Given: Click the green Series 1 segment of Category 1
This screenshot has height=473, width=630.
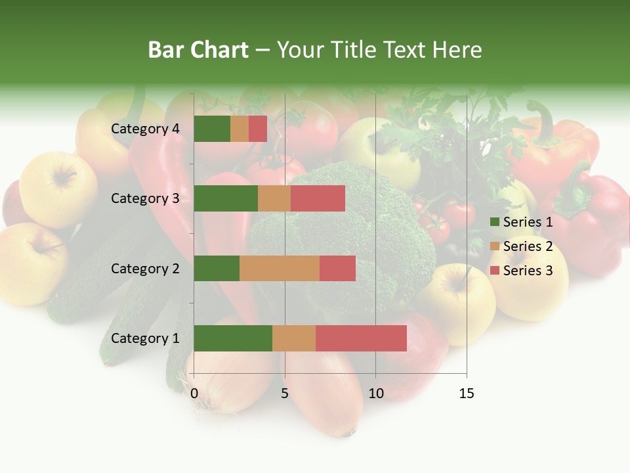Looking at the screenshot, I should [233, 338].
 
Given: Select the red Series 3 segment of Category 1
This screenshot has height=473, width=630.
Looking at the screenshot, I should [361, 338].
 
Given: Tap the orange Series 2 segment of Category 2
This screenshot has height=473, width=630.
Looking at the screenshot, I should [280, 268].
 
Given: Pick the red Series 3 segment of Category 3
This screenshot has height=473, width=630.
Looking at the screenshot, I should [318, 198].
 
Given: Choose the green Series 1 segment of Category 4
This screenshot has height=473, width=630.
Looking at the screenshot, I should [212, 129].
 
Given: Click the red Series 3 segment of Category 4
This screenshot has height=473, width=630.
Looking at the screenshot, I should [258, 129].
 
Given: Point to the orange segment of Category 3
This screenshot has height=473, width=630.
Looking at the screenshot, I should [274, 198].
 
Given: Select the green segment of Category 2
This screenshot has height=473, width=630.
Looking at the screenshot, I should [217, 268].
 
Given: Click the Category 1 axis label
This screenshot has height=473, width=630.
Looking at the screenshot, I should [145, 338].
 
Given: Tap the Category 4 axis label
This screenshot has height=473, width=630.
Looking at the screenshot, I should [145, 129].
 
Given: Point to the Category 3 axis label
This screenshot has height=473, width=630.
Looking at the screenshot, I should [145, 198].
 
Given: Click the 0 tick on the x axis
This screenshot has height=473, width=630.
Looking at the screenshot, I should [194, 394].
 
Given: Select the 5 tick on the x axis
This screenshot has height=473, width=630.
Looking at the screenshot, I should [285, 394].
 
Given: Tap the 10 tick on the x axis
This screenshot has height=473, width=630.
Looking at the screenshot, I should [375, 394].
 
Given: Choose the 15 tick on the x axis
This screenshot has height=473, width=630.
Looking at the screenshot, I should [466, 394].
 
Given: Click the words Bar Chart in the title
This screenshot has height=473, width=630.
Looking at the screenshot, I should [198, 50].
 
